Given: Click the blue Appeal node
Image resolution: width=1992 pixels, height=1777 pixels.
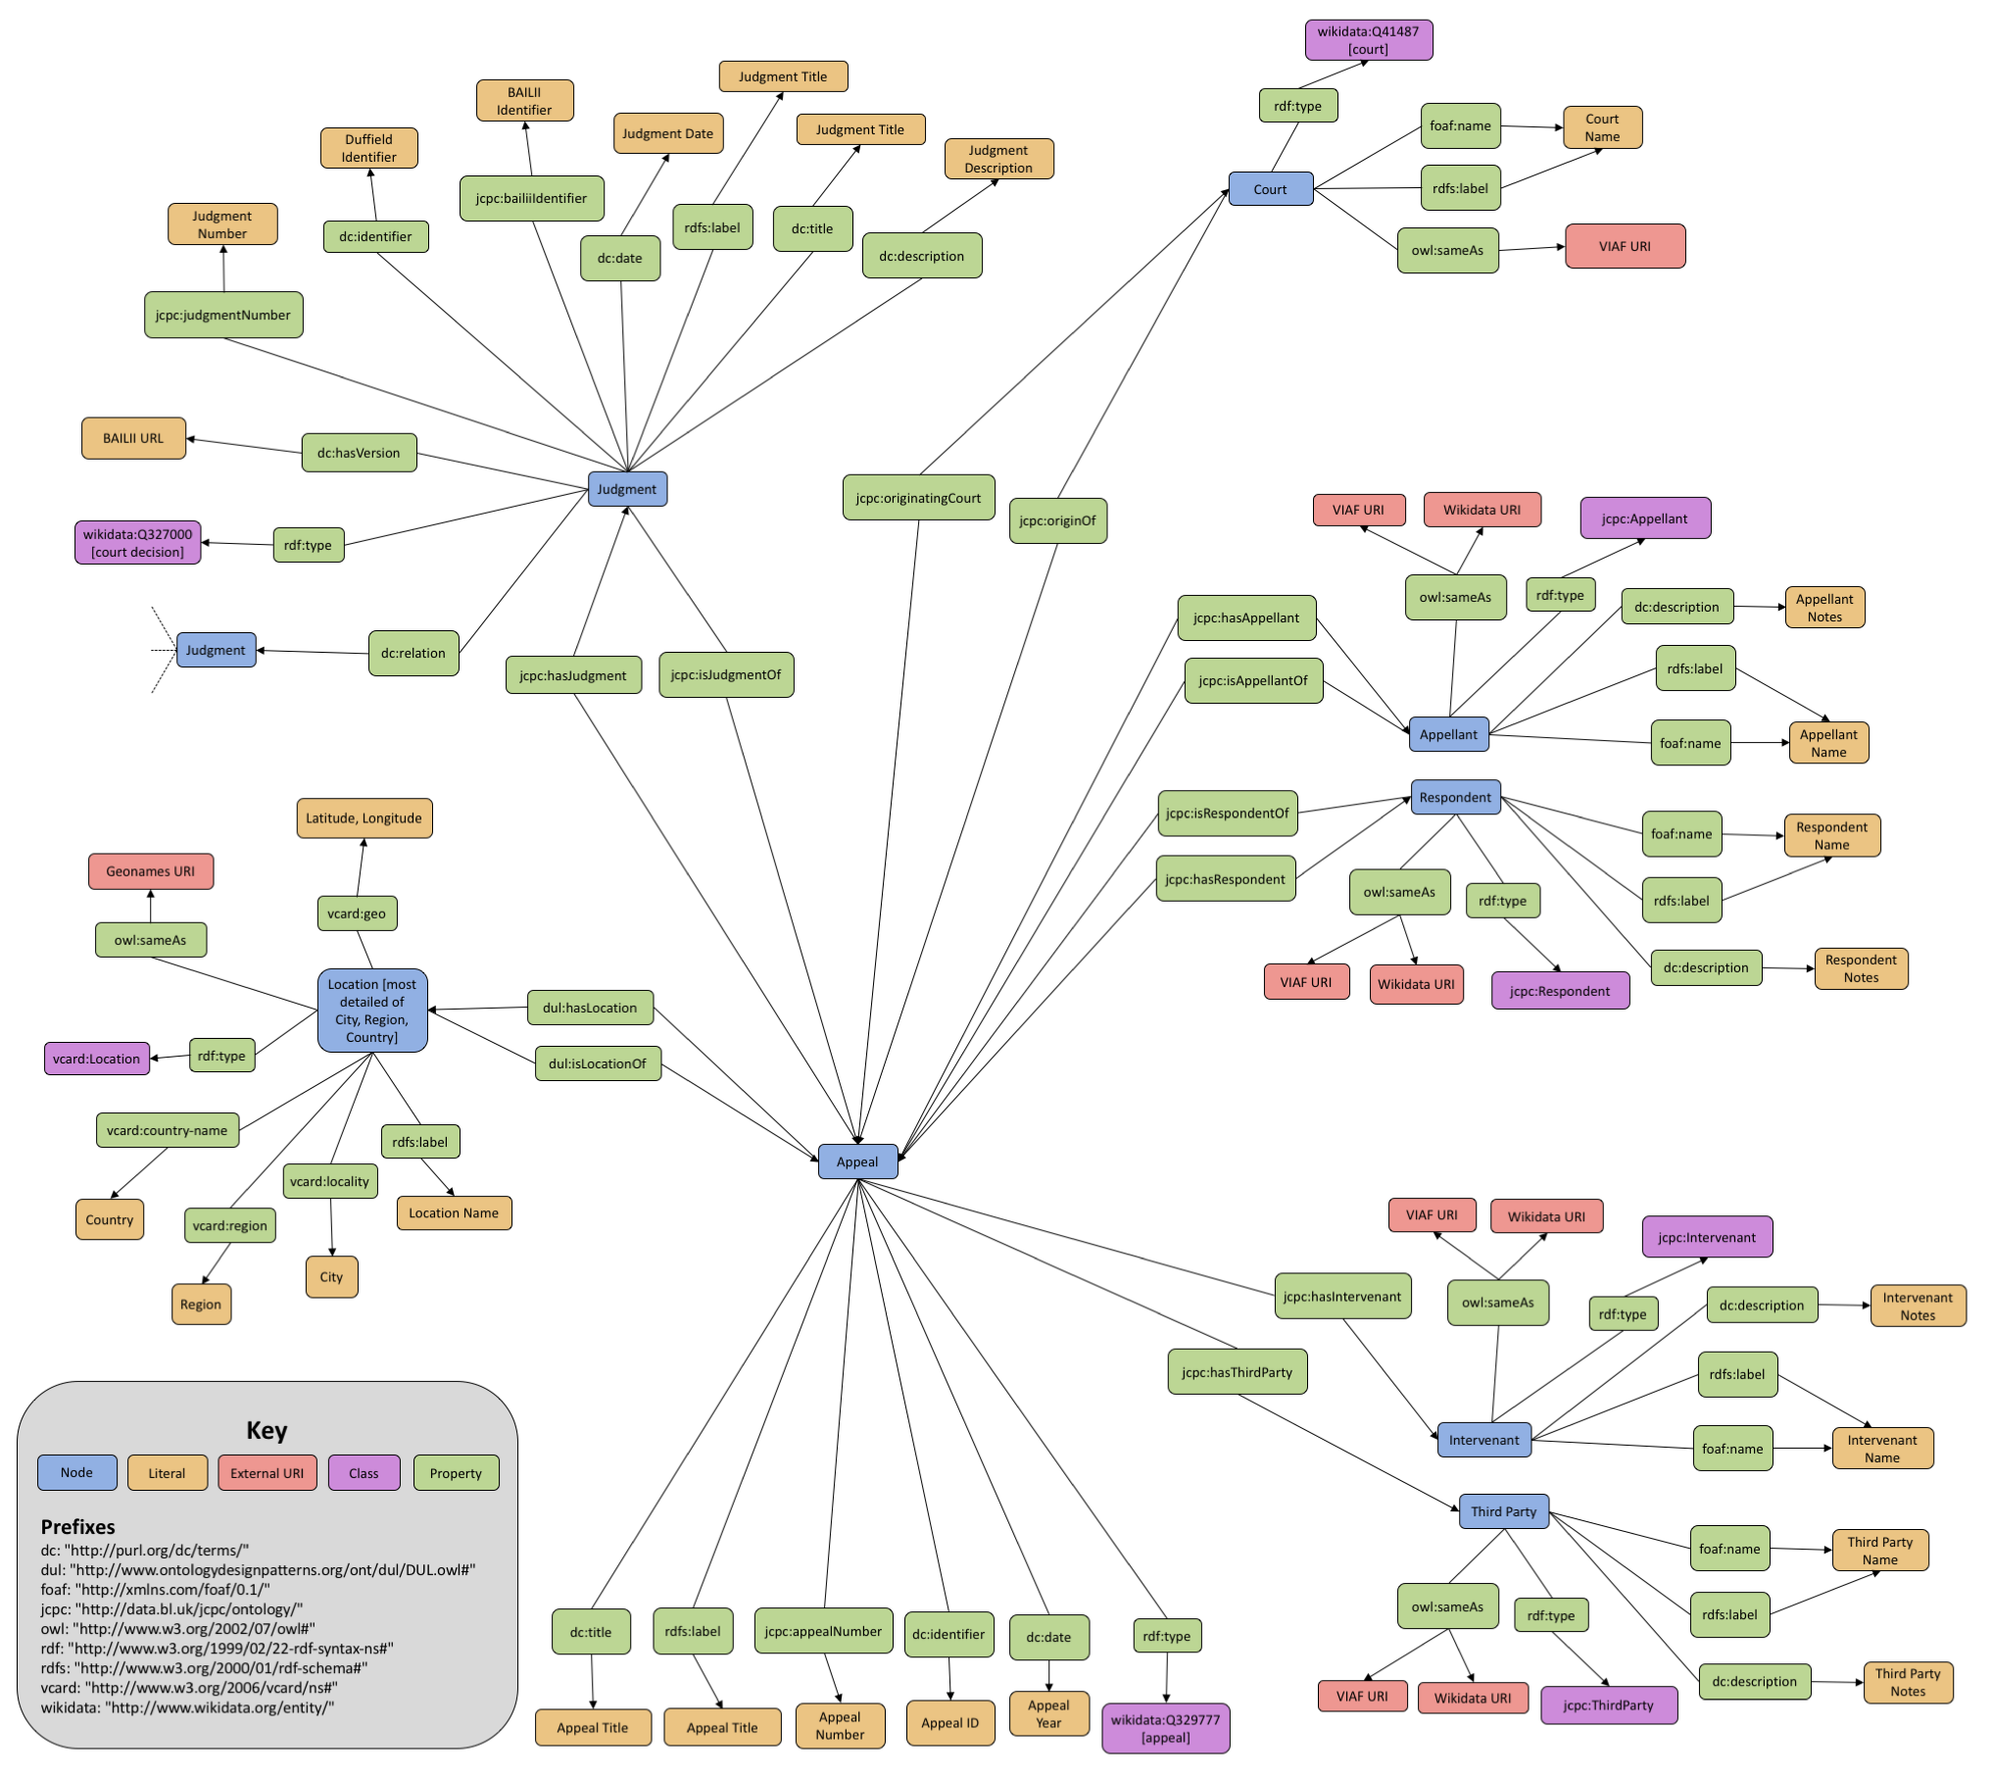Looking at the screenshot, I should (x=857, y=1161).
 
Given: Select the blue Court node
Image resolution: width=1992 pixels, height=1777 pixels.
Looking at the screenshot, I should (x=1270, y=189).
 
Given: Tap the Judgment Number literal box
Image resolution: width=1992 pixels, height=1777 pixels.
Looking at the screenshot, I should (x=222, y=224).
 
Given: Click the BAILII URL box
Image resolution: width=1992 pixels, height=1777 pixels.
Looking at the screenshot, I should (x=133, y=438).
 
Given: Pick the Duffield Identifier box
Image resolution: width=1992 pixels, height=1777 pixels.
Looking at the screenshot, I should (x=369, y=148).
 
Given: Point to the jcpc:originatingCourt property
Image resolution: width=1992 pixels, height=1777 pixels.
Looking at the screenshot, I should (x=918, y=498).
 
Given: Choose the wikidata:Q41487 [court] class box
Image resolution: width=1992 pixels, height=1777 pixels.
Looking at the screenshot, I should (x=1368, y=40).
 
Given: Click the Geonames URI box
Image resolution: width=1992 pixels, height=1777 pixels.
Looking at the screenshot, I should (x=151, y=871).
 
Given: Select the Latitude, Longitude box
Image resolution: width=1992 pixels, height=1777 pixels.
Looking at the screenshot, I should (x=364, y=818).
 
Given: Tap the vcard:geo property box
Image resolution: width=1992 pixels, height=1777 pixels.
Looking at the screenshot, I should (x=357, y=913).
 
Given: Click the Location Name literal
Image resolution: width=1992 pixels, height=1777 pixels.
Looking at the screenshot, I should (x=454, y=1213).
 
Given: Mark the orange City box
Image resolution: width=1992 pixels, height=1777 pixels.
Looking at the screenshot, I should (x=331, y=1277).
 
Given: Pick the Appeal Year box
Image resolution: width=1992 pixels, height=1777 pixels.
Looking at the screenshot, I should (x=1048, y=1714).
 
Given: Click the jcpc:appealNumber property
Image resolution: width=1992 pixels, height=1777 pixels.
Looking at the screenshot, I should (x=823, y=1632).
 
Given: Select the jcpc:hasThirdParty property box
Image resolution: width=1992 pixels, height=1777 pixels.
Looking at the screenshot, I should (x=1237, y=1372).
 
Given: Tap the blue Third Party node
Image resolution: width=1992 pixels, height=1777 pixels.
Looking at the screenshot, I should (x=1503, y=1511).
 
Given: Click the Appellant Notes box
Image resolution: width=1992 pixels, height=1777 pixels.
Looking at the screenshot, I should (x=1824, y=608).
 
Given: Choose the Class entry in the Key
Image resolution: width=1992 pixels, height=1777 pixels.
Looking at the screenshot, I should (x=364, y=1473).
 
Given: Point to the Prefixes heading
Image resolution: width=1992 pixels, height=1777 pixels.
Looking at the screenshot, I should (x=77, y=1526).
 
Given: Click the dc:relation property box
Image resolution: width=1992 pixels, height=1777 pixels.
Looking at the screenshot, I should (x=413, y=653).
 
